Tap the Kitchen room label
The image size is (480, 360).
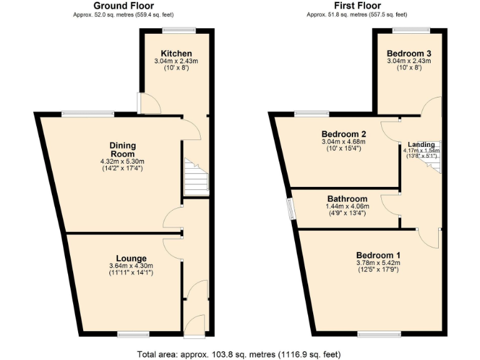(176, 53)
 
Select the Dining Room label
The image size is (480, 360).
(123, 150)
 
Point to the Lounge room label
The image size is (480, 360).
(131, 258)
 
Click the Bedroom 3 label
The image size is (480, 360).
(408, 53)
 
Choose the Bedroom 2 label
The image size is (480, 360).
(343, 134)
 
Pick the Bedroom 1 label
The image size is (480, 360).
(378, 255)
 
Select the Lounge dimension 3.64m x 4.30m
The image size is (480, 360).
(131, 266)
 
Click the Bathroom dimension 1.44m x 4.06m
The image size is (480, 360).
(346, 207)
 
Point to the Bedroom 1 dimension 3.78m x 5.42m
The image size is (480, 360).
(378, 263)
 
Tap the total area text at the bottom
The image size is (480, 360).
(239, 354)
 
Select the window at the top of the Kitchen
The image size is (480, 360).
(179, 30)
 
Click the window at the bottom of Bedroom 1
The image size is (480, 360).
(384, 334)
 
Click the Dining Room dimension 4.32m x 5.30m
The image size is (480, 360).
(123, 161)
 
